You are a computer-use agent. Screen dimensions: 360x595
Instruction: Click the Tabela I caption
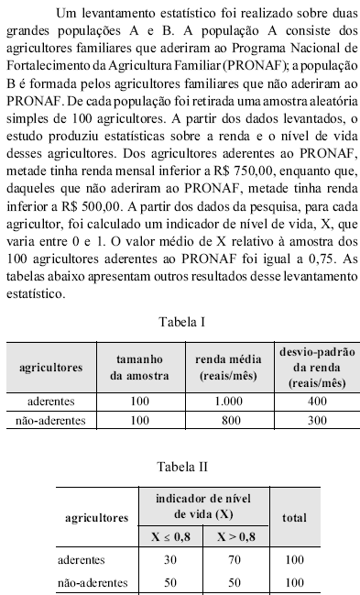[x=181, y=322]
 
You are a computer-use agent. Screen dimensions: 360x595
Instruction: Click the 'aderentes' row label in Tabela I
[x=52, y=402]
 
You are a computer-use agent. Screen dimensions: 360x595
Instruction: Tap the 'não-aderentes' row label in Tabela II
[x=89, y=582]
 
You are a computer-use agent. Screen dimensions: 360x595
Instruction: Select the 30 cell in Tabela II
[x=169, y=559]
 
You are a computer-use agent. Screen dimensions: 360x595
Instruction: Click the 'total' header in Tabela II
[x=294, y=517]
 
